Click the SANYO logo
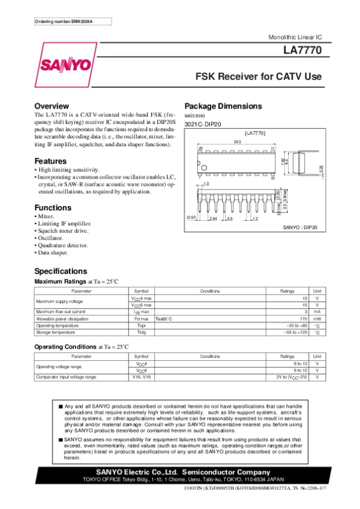65,64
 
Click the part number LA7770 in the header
306,52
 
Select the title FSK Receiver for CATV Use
259,77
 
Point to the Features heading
50,161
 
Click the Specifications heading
61,271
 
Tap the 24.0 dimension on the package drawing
237,141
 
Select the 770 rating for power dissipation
303,319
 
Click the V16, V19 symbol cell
142,377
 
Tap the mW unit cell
317,319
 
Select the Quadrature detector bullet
63,245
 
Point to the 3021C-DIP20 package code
203,124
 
